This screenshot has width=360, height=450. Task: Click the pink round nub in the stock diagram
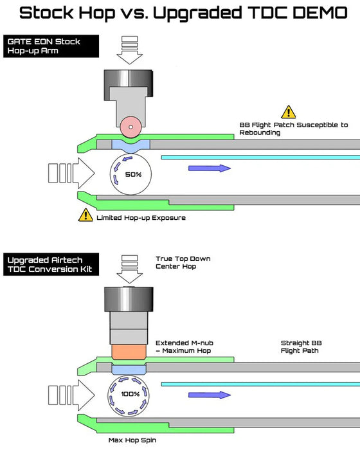[130, 127]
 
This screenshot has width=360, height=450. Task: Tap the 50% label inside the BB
[133, 174]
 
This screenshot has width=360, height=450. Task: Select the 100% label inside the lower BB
[130, 393]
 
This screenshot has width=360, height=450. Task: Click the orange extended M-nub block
[129, 352]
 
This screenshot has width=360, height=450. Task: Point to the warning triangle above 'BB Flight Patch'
[289, 112]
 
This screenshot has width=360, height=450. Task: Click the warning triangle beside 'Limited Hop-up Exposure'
[85, 215]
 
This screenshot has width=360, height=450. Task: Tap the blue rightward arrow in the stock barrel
[210, 168]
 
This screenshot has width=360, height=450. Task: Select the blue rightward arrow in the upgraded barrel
[210, 395]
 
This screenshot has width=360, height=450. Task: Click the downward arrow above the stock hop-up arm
[129, 50]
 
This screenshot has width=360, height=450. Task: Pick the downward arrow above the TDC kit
[129, 269]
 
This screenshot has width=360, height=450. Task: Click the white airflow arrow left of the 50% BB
[71, 173]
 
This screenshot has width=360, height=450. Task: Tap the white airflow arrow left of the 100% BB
[71, 395]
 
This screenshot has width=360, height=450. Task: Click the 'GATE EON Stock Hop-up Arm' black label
[51, 46]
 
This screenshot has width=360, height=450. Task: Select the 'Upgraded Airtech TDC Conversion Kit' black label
[51, 264]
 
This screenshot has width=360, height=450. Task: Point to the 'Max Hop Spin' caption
[132, 440]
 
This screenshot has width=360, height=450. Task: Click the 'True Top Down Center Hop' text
[183, 262]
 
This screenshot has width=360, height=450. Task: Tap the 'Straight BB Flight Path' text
[301, 346]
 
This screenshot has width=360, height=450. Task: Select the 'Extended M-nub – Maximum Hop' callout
[184, 346]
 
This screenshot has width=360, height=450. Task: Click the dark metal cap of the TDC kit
[129, 300]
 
